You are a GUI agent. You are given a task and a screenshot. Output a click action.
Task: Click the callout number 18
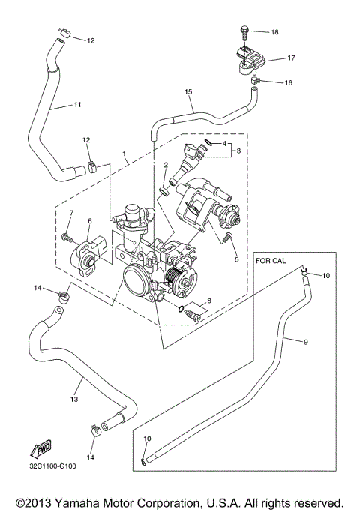pos(274,32)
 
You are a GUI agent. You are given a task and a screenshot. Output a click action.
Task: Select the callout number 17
pos(291,58)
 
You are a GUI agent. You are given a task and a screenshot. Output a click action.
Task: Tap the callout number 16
pos(288,82)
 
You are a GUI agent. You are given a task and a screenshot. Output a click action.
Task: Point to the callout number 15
pos(189,91)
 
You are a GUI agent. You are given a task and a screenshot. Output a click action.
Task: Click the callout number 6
pos(89,221)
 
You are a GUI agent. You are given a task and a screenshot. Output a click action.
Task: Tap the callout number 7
pos(71,214)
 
